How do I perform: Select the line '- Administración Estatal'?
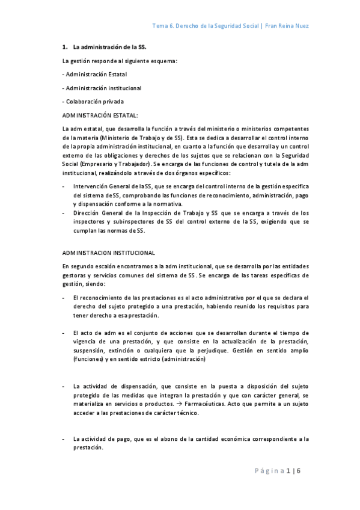pos(94,74)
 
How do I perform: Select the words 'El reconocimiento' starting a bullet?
pos(96,298)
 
